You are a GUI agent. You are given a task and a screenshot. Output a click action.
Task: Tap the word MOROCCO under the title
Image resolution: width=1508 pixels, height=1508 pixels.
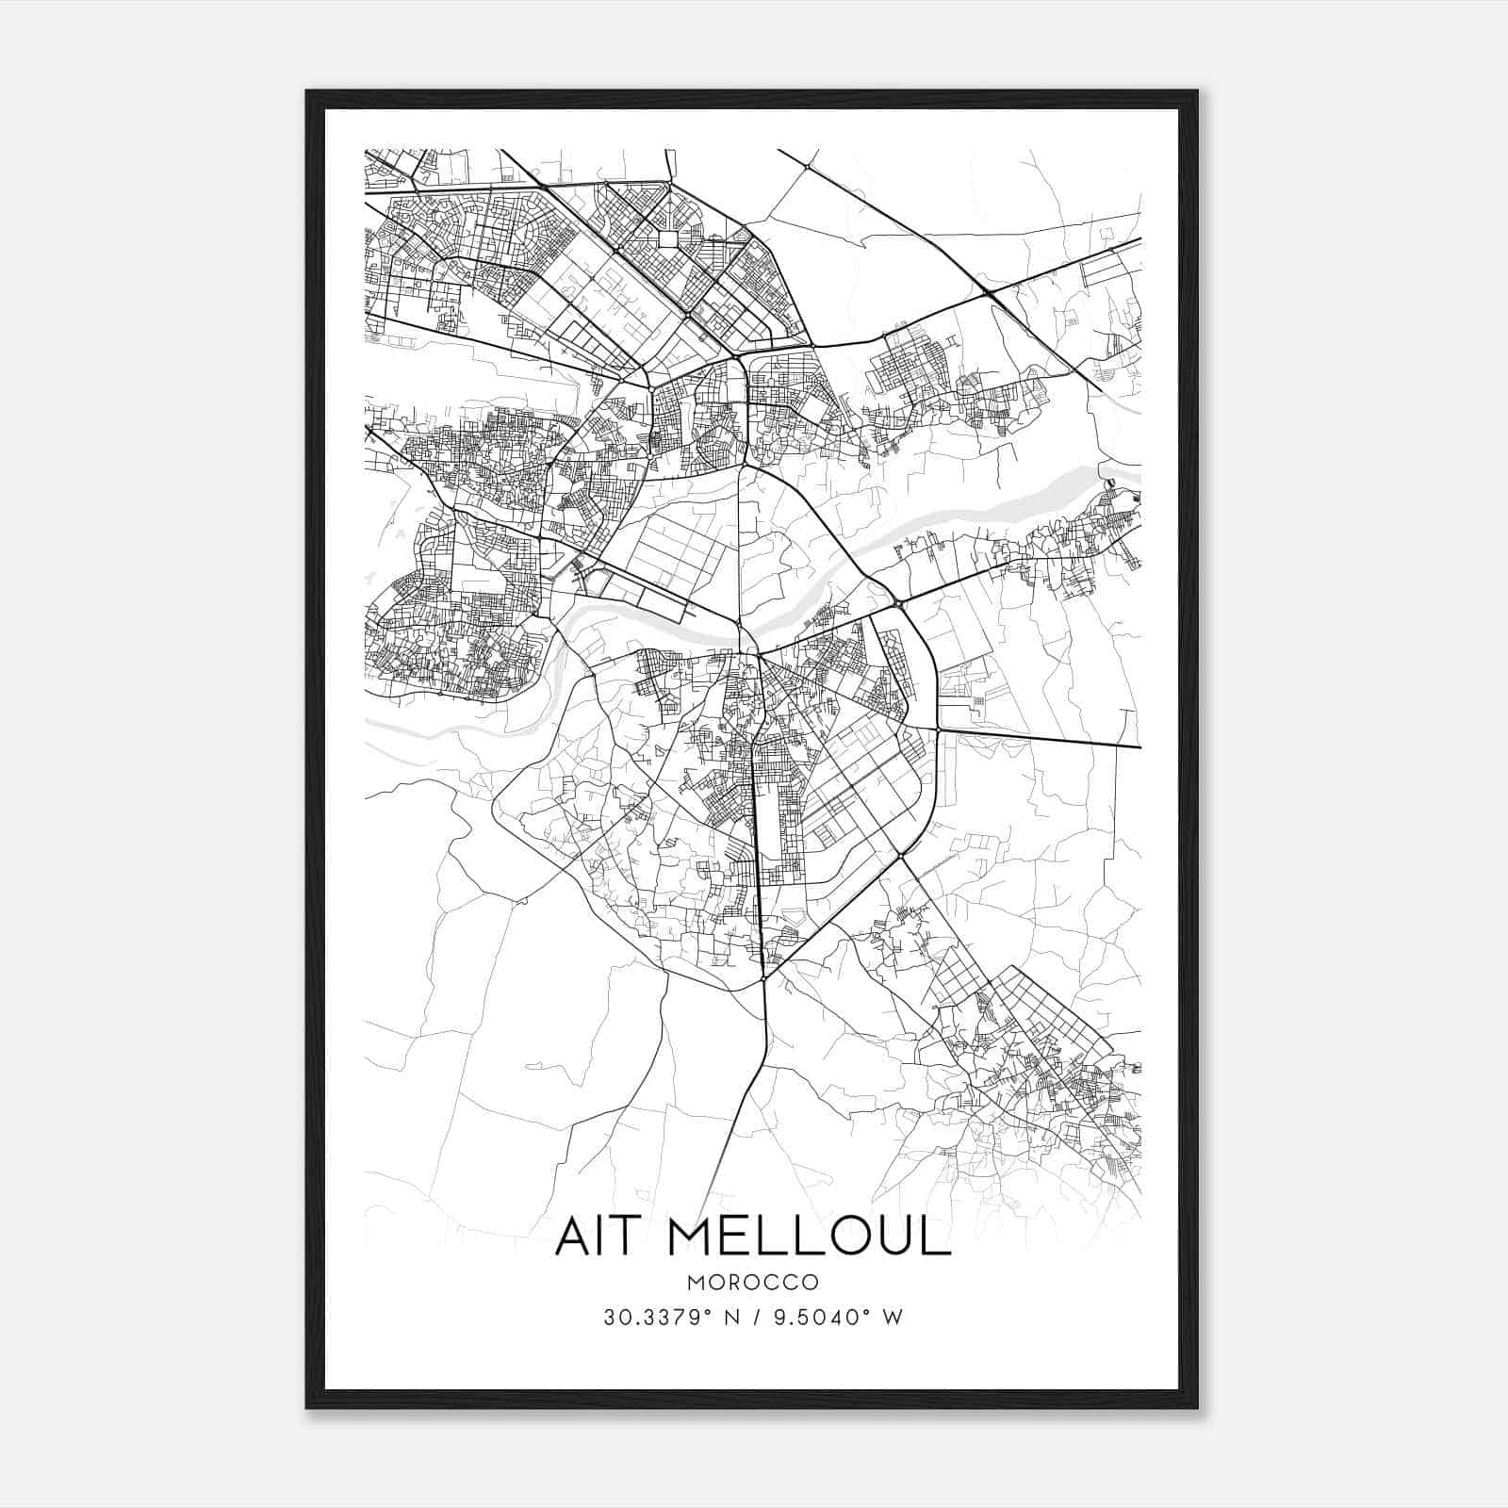tap(752, 1283)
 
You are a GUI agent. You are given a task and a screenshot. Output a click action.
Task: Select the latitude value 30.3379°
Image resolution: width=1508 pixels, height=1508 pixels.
tap(655, 1318)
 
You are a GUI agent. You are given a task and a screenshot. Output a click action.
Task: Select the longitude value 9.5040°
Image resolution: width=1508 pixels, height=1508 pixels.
tap(818, 1318)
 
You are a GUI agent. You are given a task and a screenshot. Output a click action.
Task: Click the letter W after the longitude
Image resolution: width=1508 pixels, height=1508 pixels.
tap(893, 1318)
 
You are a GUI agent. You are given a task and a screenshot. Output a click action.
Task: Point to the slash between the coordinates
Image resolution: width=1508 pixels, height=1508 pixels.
tap(752, 1318)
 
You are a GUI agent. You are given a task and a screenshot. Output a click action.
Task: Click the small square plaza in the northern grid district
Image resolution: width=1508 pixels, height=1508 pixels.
tap(667, 238)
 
